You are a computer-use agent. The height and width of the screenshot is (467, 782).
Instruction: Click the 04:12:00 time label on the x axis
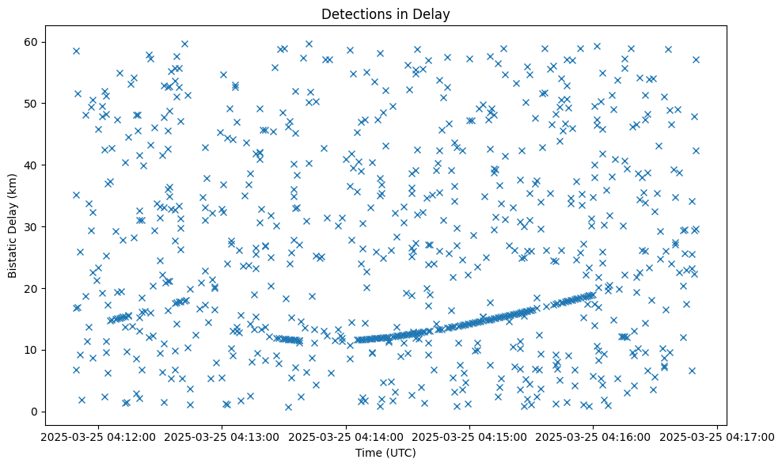[x=97, y=437]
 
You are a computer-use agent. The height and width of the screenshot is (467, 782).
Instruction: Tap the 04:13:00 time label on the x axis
[x=222, y=437]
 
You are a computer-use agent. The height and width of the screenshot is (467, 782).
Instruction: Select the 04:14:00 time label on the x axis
[x=346, y=437]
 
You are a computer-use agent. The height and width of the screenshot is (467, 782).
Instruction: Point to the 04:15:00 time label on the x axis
[x=469, y=437]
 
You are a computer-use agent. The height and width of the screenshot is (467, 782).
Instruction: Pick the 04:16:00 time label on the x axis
[x=594, y=437]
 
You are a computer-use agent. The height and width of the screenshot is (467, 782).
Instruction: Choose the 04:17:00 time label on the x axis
[x=717, y=437]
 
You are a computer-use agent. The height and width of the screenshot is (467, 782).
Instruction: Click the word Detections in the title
[x=352, y=13]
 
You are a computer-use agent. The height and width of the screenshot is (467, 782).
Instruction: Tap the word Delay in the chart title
[x=432, y=13]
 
